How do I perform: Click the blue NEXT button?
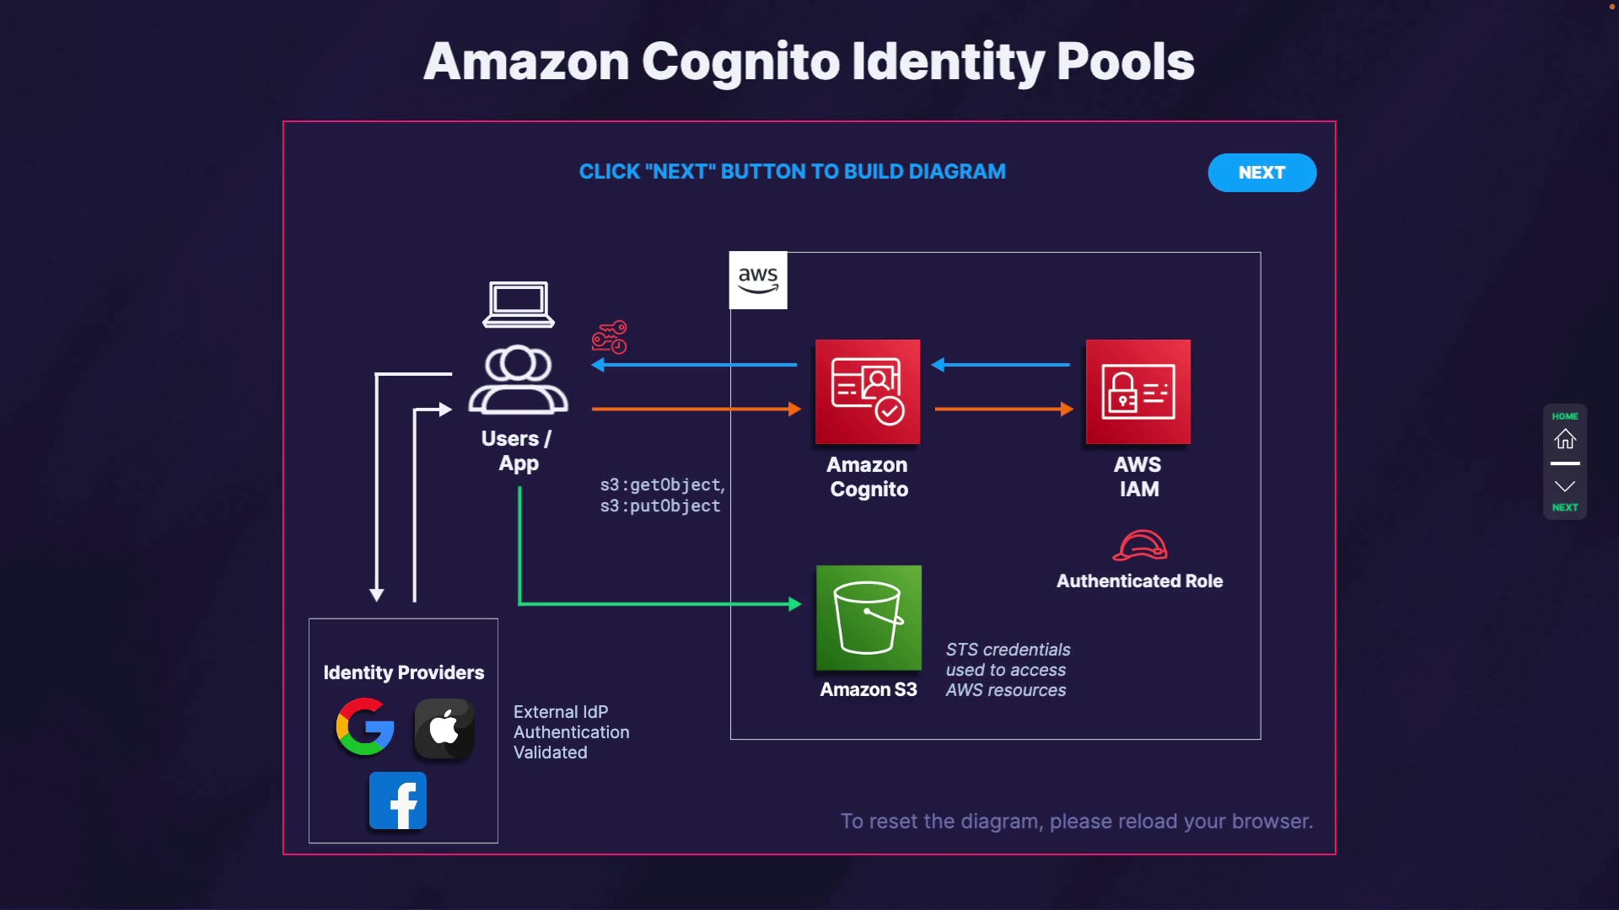point(1261,173)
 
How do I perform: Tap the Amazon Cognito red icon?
point(868,392)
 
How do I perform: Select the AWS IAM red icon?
point(1138,392)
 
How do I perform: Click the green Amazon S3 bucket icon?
point(869,618)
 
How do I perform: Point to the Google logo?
point(365,726)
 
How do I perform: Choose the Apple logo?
point(444,728)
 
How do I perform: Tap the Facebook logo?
point(398,801)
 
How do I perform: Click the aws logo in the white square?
point(758,280)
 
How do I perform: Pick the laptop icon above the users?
point(519,304)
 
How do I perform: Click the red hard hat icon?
point(1140,545)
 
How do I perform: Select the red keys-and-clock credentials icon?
point(610,337)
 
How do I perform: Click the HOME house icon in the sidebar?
point(1565,438)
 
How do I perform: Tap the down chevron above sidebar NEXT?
point(1565,486)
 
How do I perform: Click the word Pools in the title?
point(1125,62)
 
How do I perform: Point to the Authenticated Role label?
point(1139,581)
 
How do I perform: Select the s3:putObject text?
point(660,506)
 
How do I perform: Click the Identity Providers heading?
point(404,672)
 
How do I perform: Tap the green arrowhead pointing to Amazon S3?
point(794,604)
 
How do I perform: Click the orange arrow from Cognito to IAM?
point(1003,409)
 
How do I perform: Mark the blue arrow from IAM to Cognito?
point(1001,365)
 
